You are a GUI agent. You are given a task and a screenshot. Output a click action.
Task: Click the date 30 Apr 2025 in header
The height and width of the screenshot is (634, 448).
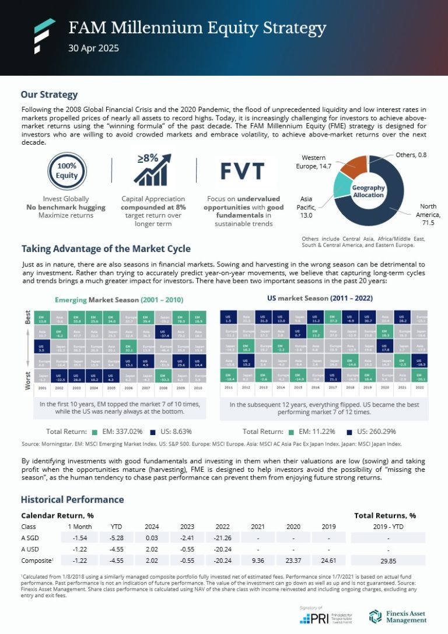coord(93,48)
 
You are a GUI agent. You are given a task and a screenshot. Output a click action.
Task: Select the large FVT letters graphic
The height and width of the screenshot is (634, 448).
coord(240,170)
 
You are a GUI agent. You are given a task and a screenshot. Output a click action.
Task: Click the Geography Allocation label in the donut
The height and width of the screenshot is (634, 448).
coord(367,191)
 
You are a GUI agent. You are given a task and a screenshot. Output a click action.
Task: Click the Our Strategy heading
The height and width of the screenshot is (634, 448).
coord(49,94)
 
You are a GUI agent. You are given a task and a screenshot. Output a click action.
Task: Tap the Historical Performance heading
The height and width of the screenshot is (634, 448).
coord(72,499)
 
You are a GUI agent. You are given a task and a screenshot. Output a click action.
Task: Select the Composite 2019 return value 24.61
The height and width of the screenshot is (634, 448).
coord(330,560)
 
